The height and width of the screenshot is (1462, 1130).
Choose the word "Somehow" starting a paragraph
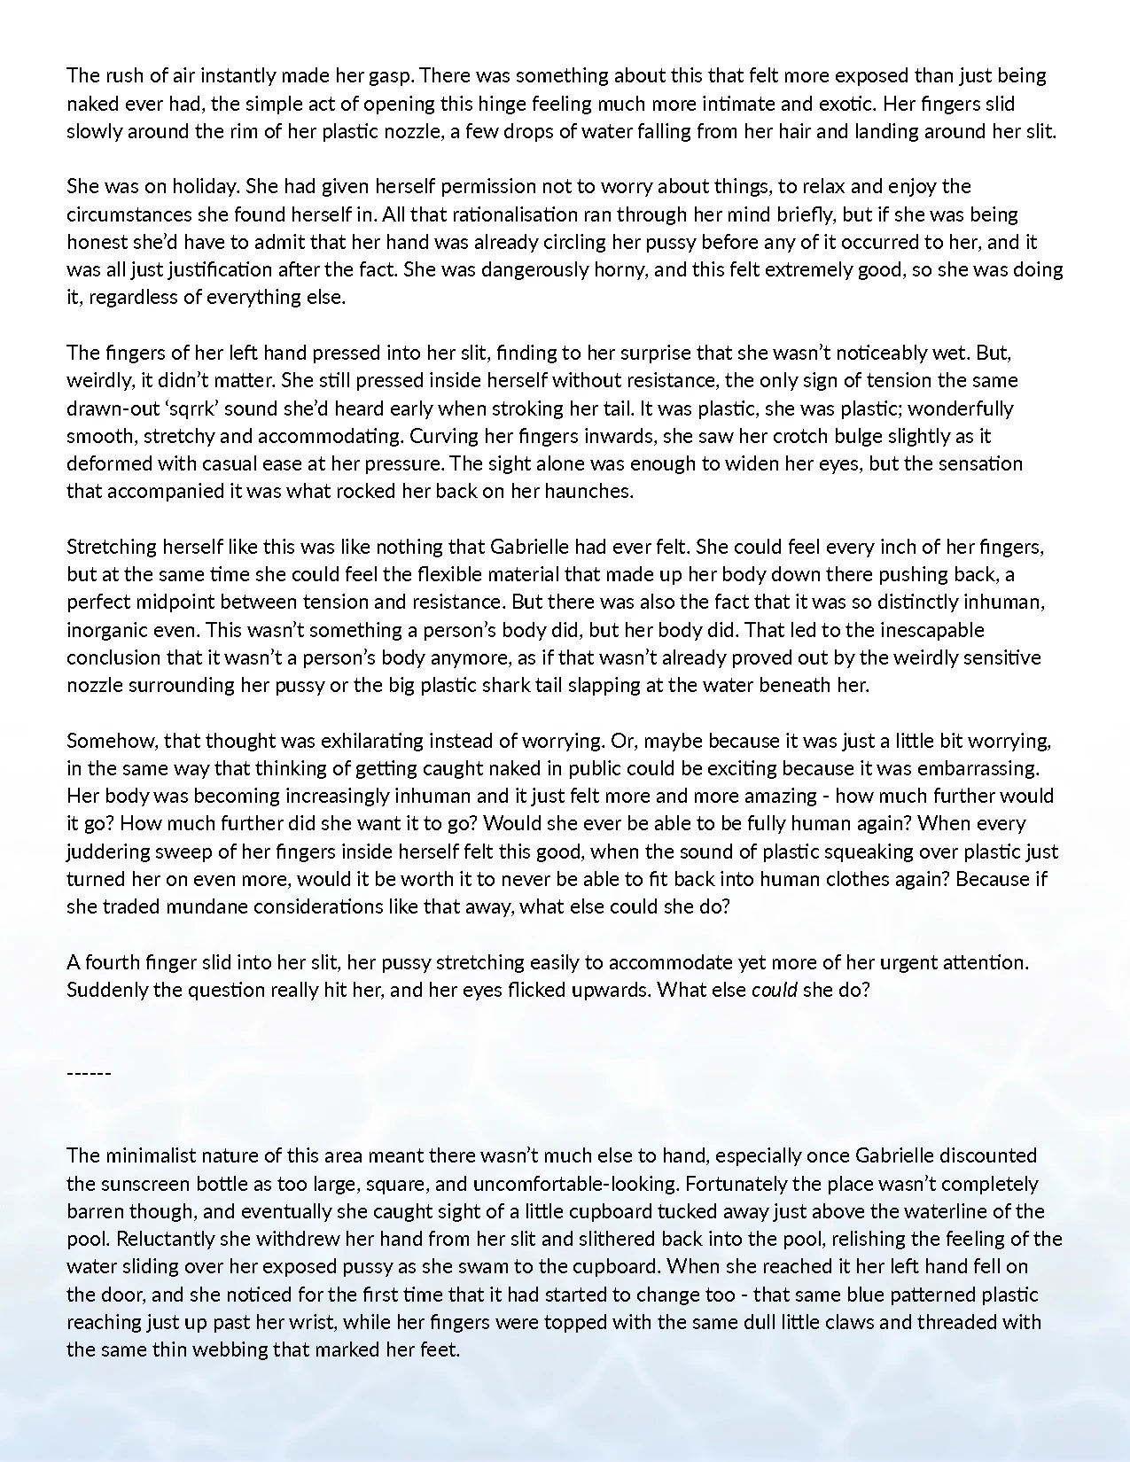coord(108,741)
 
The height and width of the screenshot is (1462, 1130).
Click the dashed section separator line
coord(89,1073)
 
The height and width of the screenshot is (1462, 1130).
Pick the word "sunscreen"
coord(138,1184)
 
